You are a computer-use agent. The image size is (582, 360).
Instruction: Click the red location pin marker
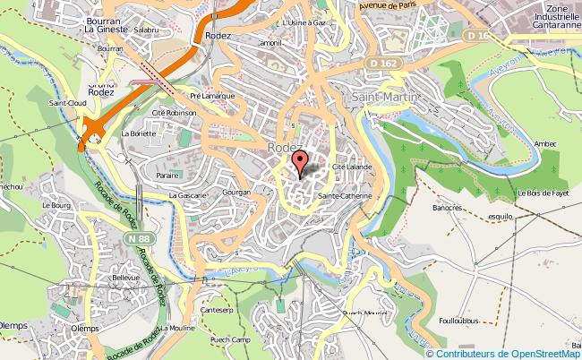click(x=300, y=160)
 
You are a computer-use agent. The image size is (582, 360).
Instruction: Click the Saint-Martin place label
click(x=383, y=97)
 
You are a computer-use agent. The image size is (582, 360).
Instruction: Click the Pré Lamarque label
click(x=211, y=95)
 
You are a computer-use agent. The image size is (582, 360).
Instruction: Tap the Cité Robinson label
click(x=174, y=113)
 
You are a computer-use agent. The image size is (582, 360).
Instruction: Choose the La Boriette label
click(x=139, y=133)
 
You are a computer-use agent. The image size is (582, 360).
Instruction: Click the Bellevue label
click(x=126, y=278)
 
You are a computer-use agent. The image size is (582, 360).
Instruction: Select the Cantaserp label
click(x=218, y=310)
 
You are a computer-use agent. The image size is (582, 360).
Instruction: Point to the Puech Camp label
click(x=229, y=339)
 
